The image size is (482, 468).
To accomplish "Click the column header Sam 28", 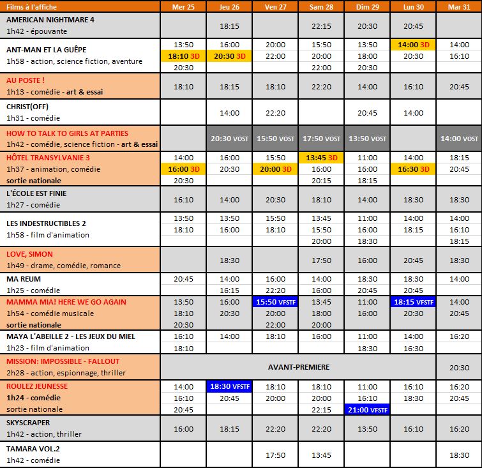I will (321, 6).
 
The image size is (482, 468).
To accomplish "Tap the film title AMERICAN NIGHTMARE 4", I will (50, 20).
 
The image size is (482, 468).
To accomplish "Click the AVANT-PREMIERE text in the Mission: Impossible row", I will (298, 368).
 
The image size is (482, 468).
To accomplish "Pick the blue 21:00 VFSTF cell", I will (367, 409).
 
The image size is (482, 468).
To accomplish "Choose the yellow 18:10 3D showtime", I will (183, 56).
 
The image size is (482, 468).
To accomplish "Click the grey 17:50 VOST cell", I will (321, 139).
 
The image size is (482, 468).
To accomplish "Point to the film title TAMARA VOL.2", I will (34, 448).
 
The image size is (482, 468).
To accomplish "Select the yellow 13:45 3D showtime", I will (321, 157).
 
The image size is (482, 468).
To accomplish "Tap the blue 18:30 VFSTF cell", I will (229, 386).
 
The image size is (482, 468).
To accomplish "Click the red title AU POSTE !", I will (26, 80).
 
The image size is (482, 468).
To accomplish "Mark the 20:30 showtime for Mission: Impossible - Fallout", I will (459, 368).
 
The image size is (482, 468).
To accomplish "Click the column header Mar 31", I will (459, 6).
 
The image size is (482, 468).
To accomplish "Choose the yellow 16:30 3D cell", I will (413, 169).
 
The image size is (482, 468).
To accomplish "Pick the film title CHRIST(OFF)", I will (27, 107).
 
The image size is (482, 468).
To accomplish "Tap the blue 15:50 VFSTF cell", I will (275, 302).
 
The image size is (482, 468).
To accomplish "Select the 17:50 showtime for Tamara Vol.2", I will (275, 455).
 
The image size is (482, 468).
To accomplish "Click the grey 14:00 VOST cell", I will (459, 139).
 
